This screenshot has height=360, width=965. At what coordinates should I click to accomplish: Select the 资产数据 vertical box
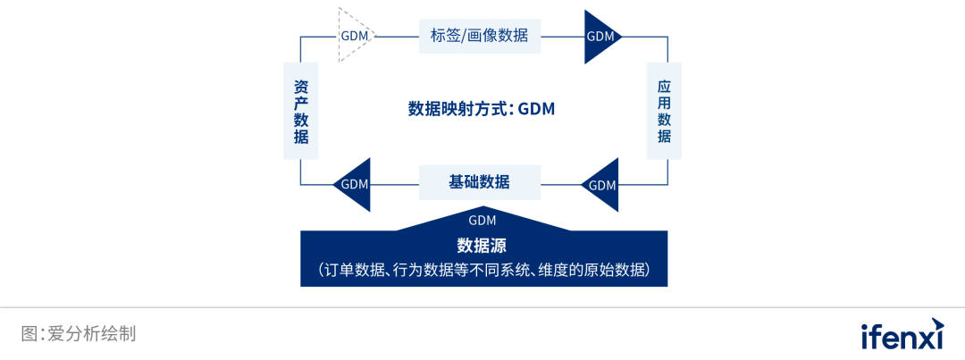click(x=300, y=111)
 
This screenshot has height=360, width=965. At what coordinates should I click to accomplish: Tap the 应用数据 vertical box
click(x=664, y=111)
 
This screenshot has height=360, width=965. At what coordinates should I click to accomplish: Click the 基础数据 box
click(x=480, y=182)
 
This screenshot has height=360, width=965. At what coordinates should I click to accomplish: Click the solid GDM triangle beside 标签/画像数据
click(x=601, y=37)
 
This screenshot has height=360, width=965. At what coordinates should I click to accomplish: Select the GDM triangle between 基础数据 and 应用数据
click(x=602, y=185)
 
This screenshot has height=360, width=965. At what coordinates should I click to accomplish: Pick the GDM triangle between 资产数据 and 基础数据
click(x=354, y=185)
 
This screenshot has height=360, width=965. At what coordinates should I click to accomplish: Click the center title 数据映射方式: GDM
click(x=482, y=109)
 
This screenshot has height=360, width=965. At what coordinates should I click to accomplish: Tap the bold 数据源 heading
click(x=482, y=246)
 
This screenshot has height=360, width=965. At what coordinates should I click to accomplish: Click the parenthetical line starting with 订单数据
click(x=483, y=269)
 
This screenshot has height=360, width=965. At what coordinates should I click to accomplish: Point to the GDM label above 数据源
click(x=482, y=220)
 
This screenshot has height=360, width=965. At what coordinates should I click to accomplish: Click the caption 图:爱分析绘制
click(x=79, y=334)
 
